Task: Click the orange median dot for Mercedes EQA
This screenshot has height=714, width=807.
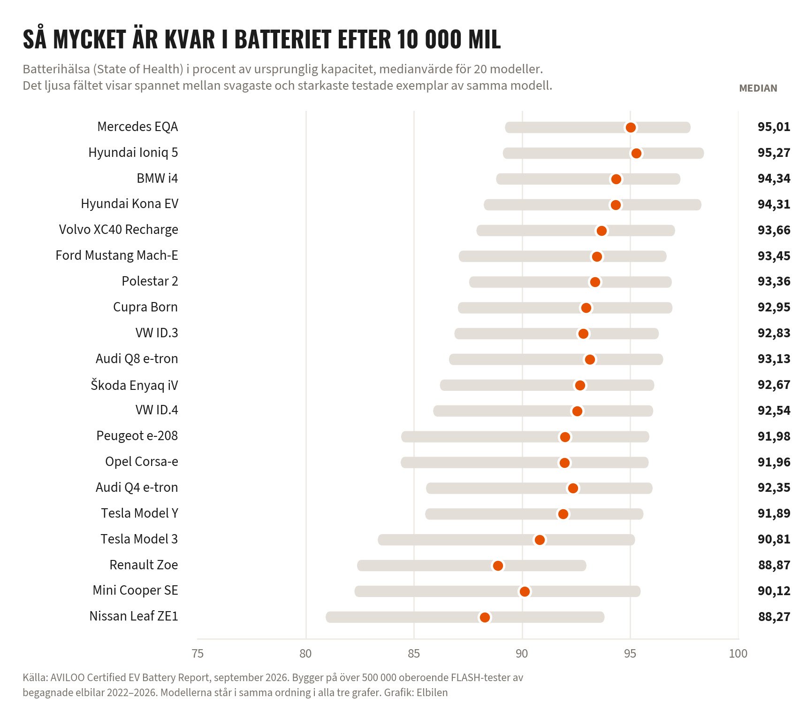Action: [x=631, y=127]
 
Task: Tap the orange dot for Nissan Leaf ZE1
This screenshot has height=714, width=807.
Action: [x=485, y=617]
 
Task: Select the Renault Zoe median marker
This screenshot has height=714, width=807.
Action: [x=498, y=566]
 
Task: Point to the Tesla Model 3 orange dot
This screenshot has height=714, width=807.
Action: [x=540, y=540]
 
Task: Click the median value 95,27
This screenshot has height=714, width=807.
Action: [x=774, y=153]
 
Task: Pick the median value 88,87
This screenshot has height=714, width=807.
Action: [x=774, y=565]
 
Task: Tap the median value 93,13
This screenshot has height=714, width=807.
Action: [x=774, y=359]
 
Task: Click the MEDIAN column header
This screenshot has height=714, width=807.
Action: [x=758, y=88]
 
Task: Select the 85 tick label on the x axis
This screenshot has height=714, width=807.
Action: [x=414, y=653]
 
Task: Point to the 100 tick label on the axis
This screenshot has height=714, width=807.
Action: [x=738, y=653]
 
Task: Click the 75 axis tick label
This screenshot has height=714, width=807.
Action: [x=198, y=653]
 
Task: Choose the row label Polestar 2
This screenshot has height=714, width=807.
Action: [x=150, y=281]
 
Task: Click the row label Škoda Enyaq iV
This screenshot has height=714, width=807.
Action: [x=134, y=385]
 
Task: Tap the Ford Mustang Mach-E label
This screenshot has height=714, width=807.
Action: [x=117, y=256]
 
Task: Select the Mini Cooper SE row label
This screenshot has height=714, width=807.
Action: [x=135, y=590]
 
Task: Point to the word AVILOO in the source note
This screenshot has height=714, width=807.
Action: [x=68, y=677]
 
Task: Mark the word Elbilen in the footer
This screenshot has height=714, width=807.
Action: [x=432, y=692]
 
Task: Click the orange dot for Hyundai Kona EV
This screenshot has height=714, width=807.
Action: [x=616, y=205]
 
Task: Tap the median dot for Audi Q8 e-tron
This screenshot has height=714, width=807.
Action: [x=590, y=359]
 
